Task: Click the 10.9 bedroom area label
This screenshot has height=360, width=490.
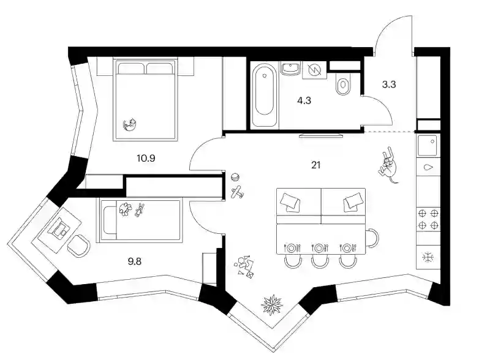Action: click(146, 158)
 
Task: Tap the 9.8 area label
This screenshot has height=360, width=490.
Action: click(135, 261)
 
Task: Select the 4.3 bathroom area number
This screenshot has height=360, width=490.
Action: click(304, 100)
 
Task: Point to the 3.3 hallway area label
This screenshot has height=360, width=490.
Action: click(389, 84)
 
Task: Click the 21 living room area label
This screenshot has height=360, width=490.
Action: click(316, 165)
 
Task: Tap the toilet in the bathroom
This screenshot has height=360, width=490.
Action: click(343, 84)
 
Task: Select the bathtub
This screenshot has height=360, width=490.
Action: click(264, 95)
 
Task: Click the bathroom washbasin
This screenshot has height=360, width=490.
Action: click(291, 69)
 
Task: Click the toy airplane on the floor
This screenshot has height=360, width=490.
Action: click(237, 192)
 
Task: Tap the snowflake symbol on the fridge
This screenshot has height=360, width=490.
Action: click(428, 257)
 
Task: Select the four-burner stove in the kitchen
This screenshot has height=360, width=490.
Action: click(428, 219)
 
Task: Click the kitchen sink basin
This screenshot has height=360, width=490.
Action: click(428, 145)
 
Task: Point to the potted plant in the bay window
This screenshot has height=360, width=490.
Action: click(272, 305)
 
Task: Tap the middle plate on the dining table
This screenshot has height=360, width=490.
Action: click(319, 248)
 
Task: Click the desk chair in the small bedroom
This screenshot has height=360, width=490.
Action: click(79, 246)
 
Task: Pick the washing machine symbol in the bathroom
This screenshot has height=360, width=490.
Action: click(314, 70)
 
